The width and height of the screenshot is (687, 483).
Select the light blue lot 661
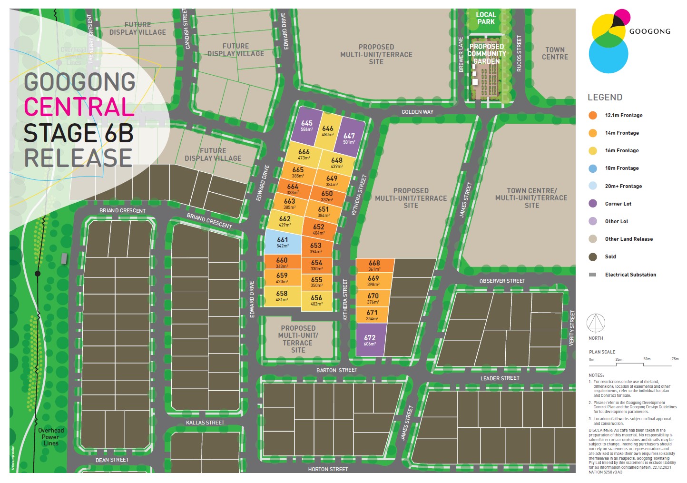tap(283, 242)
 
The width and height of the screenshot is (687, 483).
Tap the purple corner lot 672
tap(370, 340)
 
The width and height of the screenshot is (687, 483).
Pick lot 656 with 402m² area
tap(316, 300)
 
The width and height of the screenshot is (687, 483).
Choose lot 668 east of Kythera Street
tap(374, 265)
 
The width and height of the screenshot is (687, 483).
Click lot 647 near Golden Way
tap(349, 138)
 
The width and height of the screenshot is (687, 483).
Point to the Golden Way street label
tap(417, 112)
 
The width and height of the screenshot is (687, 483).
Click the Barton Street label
tap(337, 370)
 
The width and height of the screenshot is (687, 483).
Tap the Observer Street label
tap(502, 281)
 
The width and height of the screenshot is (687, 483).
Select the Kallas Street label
tap(205, 423)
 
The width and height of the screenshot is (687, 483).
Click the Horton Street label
tap(328, 469)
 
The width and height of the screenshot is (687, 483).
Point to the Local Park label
tap(486, 18)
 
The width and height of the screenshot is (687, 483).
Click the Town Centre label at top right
tap(555, 53)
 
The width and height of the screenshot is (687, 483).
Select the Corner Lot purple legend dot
tap(593, 204)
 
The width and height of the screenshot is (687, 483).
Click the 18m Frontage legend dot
tap(593, 168)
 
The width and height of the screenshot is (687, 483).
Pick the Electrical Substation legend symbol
tap(593, 275)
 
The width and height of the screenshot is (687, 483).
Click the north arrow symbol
tap(596, 324)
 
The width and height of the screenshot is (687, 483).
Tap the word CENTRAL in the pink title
tap(79, 107)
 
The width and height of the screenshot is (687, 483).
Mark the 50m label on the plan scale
tap(647, 359)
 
